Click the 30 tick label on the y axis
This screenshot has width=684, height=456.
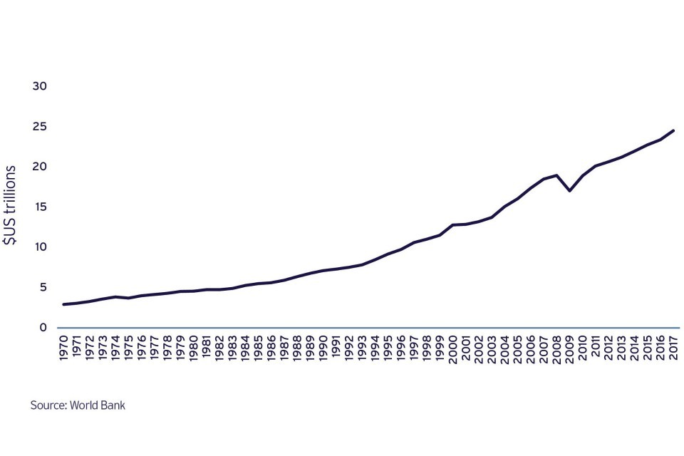(x=39, y=86)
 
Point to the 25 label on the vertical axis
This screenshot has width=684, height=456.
(x=39, y=127)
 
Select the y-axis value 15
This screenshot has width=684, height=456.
(x=39, y=207)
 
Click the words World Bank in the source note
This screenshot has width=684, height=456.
(x=100, y=405)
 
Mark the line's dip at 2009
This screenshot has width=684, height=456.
(x=569, y=190)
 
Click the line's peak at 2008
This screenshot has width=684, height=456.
(x=556, y=175)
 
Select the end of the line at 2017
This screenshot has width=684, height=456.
(x=673, y=130)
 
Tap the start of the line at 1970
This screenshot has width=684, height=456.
(x=63, y=304)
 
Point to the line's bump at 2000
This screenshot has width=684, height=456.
(x=452, y=225)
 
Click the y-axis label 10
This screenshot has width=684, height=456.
(x=39, y=247)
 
